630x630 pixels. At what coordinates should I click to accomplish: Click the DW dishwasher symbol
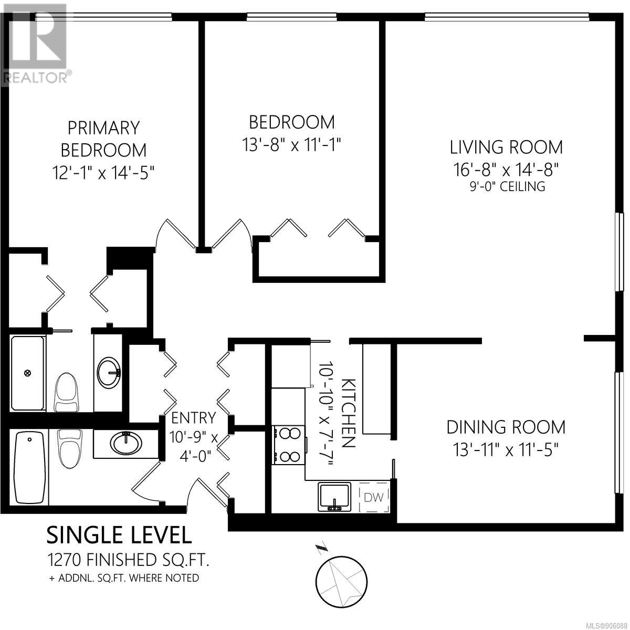tap(374, 498)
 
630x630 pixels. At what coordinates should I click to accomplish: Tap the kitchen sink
tap(334, 497)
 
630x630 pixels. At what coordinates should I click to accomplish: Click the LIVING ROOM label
tap(506, 147)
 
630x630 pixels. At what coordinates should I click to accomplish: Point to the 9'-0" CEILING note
tap(507, 186)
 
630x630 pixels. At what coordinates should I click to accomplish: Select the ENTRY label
tap(194, 418)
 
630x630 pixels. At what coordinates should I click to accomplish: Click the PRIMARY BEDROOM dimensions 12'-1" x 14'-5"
tap(103, 172)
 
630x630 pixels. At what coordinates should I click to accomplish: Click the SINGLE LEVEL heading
tap(119, 535)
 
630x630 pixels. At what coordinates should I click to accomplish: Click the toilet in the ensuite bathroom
tap(67, 392)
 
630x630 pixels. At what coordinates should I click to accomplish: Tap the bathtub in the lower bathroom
tap(30, 468)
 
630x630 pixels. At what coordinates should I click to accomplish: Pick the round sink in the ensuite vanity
tap(109, 373)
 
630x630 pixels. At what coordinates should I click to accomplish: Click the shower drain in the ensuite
tap(28, 372)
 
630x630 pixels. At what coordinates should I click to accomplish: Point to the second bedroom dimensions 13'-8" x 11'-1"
tap(291, 144)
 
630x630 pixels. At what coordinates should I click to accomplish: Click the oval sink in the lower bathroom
tap(126, 443)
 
